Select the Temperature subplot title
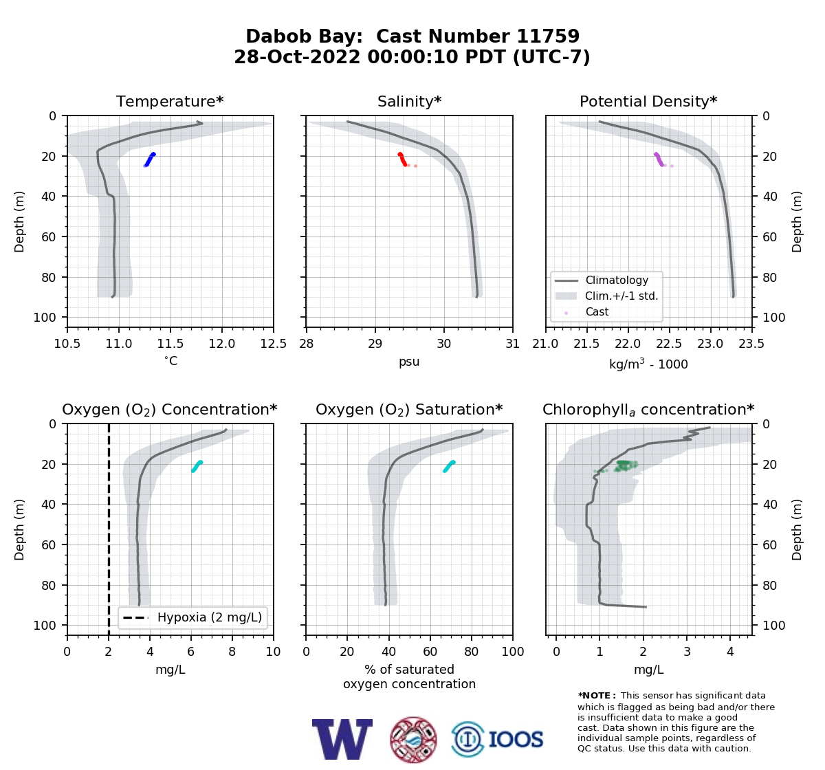pyautogui.click(x=170, y=101)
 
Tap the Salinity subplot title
pyautogui.click(x=409, y=101)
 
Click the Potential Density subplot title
pyautogui.click(x=648, y=101)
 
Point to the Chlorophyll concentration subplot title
pyautogui.click(x=648, y=410)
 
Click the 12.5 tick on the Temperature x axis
pyautogui.click(x=274, y=344)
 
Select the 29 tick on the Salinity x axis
pyautogui.click(x=375, y=344)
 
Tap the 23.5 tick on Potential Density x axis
pyautogui.click(x=751, y=344)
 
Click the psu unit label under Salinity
pyautogui.click(x=409, y=362)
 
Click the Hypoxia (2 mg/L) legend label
pyautogui.click(x=210, y=617)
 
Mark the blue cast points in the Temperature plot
pyautogui.click(x=150, y=159)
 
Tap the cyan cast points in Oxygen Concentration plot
pyautogui.click(x=197, y=466)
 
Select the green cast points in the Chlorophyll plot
pyautogui.click(x=623, y=466)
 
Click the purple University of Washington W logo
pyautogui.click(x=342, y=739)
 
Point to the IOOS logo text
pyautogui.click(x=516, y=739)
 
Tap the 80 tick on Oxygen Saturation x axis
pyautogui.click(x=472, y=652)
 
